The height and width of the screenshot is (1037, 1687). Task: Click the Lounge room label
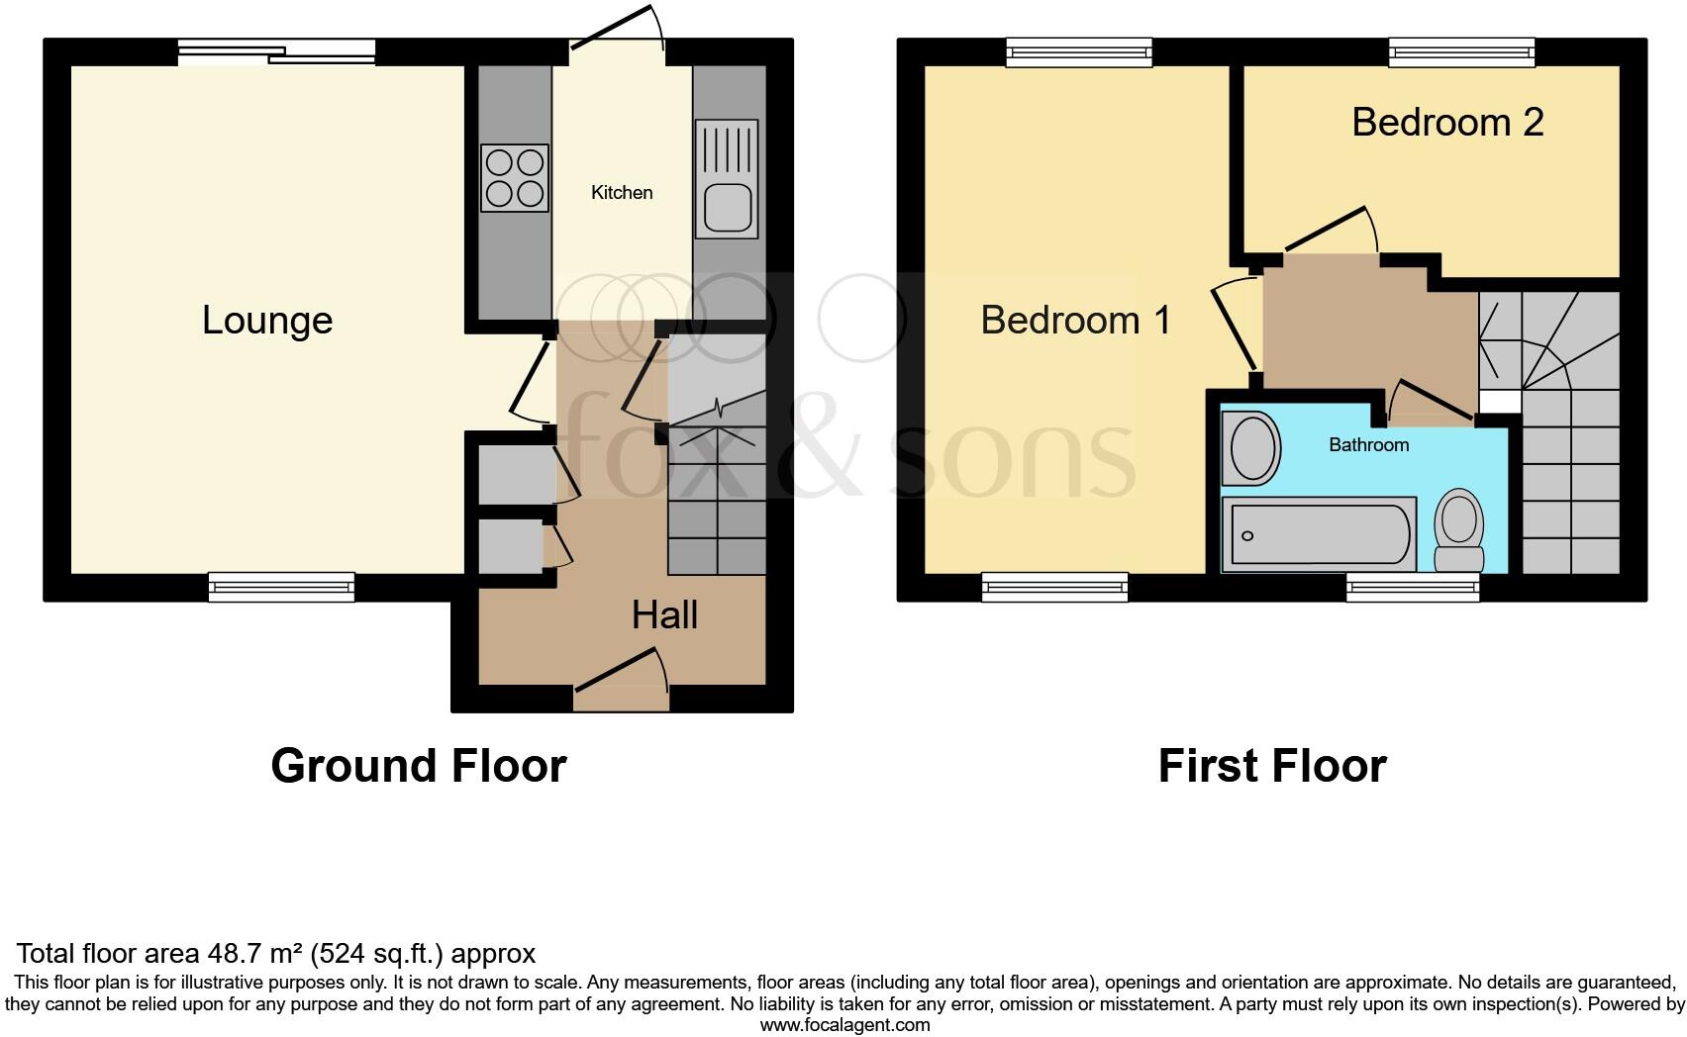[267, 321]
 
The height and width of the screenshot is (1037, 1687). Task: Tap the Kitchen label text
[622, 193]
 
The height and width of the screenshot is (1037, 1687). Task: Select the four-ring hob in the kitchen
[515, 178]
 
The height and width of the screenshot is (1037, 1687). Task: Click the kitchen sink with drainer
[727, 179]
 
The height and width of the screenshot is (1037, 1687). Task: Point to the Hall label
[664, 615]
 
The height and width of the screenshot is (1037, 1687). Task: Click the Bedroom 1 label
[1075, 321]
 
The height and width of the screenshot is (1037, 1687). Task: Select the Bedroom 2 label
[1446, 123]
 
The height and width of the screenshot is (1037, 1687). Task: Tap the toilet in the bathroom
[1459, 530]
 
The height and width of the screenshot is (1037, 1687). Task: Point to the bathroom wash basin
[1251, 448]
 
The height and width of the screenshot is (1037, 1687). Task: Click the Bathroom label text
[1368, 445]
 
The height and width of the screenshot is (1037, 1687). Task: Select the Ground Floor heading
[418, 766]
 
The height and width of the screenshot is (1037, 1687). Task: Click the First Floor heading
[1271, 766]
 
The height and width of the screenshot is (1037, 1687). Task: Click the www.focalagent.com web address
[844, 1025]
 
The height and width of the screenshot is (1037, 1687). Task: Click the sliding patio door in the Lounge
[276, 52]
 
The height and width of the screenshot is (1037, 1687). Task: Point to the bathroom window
[1413, 589]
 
